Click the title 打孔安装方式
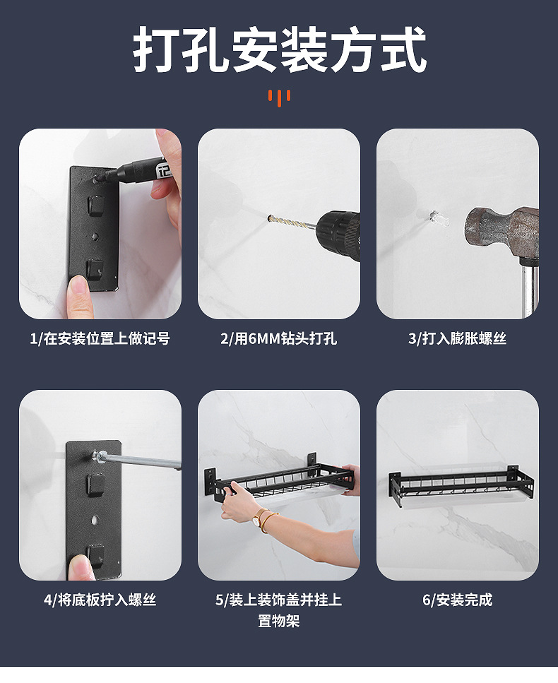[x=279, y=50]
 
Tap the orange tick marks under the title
[x=280, y=97]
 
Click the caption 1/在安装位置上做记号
[x=100, y=339]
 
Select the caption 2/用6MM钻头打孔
[x=279, y=339]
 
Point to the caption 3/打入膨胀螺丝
[x=457, y=339]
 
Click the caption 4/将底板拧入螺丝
[x=100, y=600]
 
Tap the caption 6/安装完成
[x=457, y=600]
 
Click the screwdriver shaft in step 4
[x=141, y=461]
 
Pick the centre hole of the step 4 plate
[x=95, y=521]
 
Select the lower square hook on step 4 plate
[x=95, y=553]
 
